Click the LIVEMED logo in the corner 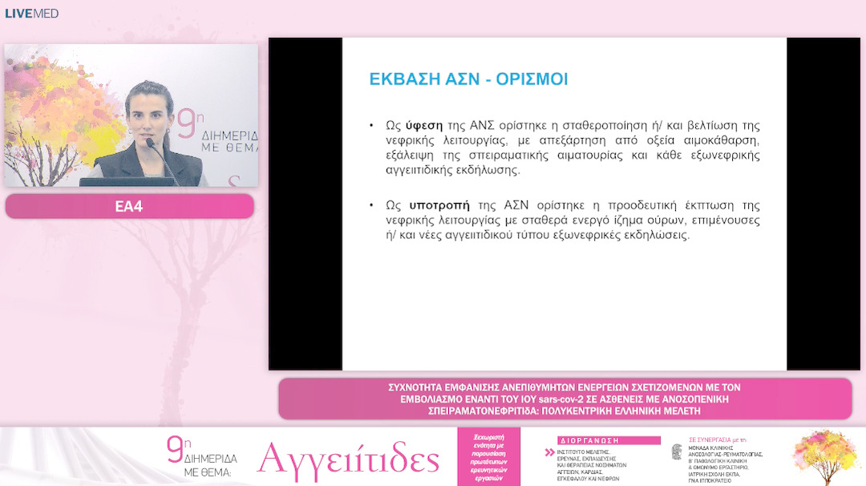point(32,14)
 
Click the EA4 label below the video point(129,206)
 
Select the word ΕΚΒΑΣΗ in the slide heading point(405,79)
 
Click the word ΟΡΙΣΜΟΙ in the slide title point(533,79)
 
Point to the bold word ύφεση point(425,126)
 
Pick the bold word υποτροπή point(439,205)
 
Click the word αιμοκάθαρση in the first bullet point(720,141)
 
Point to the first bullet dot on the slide point(371,126)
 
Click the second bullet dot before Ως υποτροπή point(371,205)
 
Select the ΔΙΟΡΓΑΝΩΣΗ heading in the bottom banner point(583,440)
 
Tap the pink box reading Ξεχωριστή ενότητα point(488,456)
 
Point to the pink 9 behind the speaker point(186,126)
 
